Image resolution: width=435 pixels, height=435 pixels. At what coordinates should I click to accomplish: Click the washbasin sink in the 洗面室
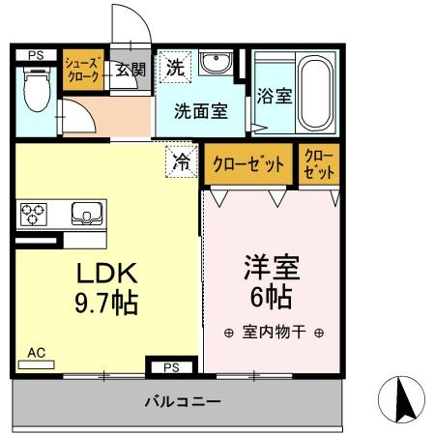click(215, 67)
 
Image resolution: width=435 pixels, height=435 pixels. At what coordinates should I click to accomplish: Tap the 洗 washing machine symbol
click(175, 68)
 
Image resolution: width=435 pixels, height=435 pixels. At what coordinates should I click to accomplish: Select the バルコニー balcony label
click(184, 401)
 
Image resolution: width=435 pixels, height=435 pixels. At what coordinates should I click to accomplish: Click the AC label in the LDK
click(37, 354)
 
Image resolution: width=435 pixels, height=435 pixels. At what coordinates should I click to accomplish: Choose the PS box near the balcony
click(171, 367)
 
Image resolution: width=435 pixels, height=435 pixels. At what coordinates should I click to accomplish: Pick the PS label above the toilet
click(35, 56)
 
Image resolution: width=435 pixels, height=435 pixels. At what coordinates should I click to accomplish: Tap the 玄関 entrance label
click(130, 70)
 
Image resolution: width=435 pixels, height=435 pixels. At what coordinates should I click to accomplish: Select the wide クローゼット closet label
click(248, 163)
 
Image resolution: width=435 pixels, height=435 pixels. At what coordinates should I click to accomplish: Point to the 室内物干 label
click(272, 332)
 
